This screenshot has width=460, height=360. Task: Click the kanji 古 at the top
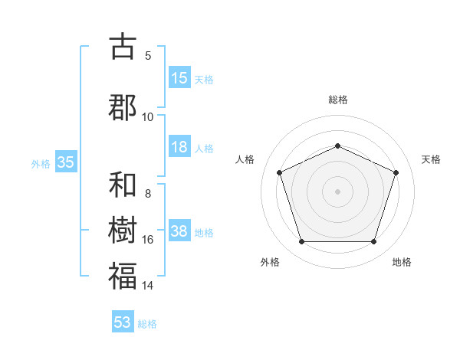[123, 47]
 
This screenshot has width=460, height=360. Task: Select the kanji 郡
[123, 107]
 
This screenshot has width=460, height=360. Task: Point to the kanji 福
[123, 276]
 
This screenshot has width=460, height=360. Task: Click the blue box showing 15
[179, 78]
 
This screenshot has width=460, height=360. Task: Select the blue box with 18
[179, 148]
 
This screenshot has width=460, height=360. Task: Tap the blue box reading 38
[179, 232]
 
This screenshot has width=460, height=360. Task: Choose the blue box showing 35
[65, 162]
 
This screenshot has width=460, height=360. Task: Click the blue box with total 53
[123, 322]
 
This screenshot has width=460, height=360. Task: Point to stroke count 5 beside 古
[148, 55]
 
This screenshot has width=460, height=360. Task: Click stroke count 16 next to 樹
[147, 240]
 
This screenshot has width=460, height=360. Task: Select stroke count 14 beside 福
[147, 286]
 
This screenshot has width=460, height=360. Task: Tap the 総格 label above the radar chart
[338, 100]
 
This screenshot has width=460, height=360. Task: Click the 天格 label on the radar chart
[431, 159]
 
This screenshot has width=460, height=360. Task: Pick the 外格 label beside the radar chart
[270, 262]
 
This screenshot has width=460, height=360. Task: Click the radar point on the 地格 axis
[373, 242]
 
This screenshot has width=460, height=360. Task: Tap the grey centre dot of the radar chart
[337, 191]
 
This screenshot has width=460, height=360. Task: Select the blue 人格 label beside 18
[204, 149]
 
